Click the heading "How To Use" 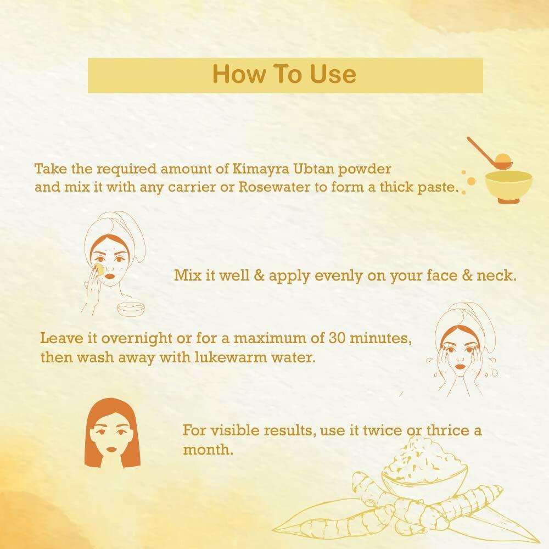tap(284, 75)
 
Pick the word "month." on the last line tap(208, 450)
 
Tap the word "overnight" tap(122, 337)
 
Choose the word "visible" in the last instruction tap(231, 430)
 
